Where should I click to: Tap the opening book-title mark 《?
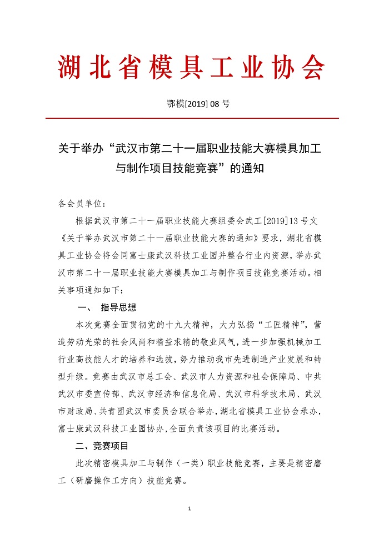tap(62, 238)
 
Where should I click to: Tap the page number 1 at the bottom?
tap(189, 509)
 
